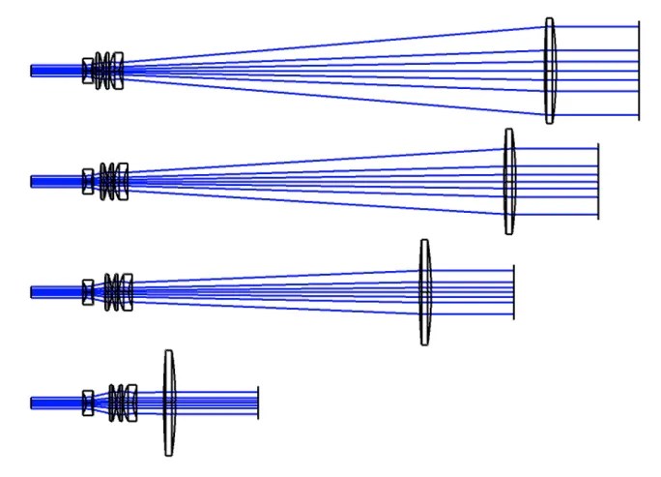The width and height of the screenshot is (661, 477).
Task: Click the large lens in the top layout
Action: point(549,71)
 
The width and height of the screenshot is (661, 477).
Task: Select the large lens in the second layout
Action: point(509,181)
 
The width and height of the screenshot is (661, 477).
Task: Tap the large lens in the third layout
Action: point(424,291)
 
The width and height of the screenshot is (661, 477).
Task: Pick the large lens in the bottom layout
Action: point(169,402)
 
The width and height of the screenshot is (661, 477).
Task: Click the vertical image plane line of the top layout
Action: point(638,71)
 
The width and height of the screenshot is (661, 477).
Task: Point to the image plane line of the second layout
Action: point(597,181)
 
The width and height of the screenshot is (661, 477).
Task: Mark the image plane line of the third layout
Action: point(513,291)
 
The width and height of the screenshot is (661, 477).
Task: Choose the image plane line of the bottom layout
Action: point(258,402)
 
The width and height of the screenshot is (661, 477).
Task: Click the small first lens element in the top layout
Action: point(87,70)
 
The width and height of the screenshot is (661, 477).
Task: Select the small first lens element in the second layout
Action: point(87,181)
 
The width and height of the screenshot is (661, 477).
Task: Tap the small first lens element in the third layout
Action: point(87,291)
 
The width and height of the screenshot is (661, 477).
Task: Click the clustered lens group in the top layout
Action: point(108,71)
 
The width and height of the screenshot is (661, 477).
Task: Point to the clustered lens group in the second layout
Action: point(114,181)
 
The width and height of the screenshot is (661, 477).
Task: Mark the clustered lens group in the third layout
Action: point(118,291)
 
